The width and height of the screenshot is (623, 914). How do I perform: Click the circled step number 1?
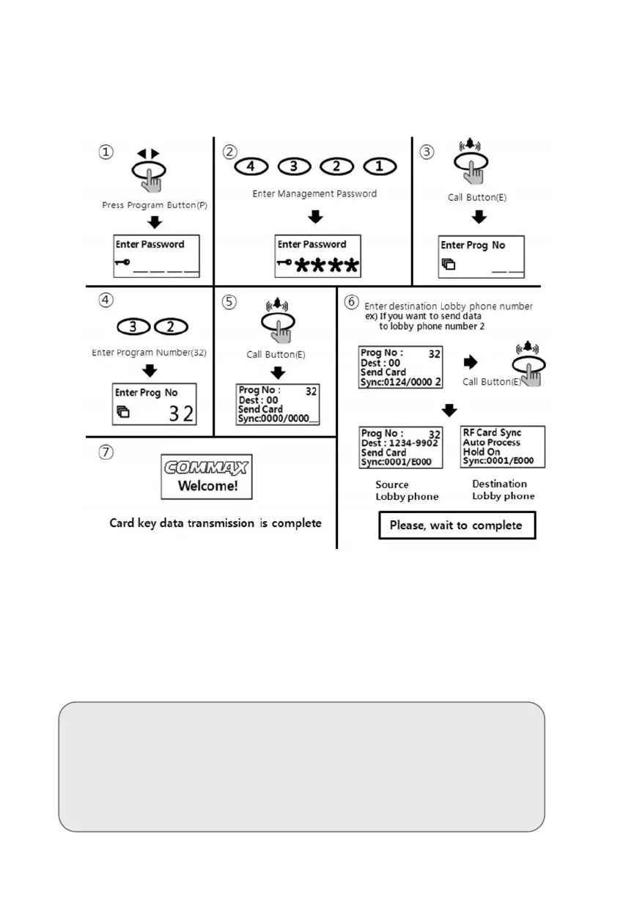(x=107, y=152)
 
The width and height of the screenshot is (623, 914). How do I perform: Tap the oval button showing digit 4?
(x=251, y=166)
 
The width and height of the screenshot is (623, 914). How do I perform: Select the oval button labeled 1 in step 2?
(x=379, y=166)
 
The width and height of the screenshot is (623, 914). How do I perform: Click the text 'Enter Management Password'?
(x=314, y=194)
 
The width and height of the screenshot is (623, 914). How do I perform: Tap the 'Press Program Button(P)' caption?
(x=155, y=206)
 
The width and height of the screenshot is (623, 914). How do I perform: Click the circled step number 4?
(x=107, y=300)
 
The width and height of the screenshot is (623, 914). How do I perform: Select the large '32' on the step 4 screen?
(x=181, y=413)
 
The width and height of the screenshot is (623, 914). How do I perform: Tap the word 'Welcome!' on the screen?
(x=207, y=487)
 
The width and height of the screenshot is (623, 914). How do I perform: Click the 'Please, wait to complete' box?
(x=456, y=526)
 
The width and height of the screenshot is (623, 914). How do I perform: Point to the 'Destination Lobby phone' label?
(x=502, y=490)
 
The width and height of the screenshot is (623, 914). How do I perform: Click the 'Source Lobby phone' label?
(x=407, y=490)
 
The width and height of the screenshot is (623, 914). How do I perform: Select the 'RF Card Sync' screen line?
(x=492, y=433)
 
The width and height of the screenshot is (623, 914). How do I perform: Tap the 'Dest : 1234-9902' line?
(x=400, y=443)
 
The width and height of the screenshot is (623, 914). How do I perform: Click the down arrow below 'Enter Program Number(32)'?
(x=150, y=371)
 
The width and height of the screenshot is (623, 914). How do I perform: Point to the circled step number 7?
(x=107, y=452)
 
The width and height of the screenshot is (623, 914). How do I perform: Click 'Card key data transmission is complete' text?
(x=215, y=523)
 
